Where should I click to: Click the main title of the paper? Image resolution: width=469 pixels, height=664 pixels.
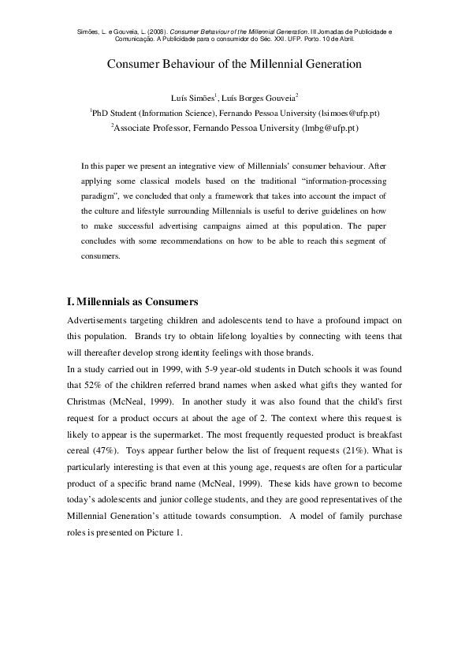[x=234, y=64]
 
